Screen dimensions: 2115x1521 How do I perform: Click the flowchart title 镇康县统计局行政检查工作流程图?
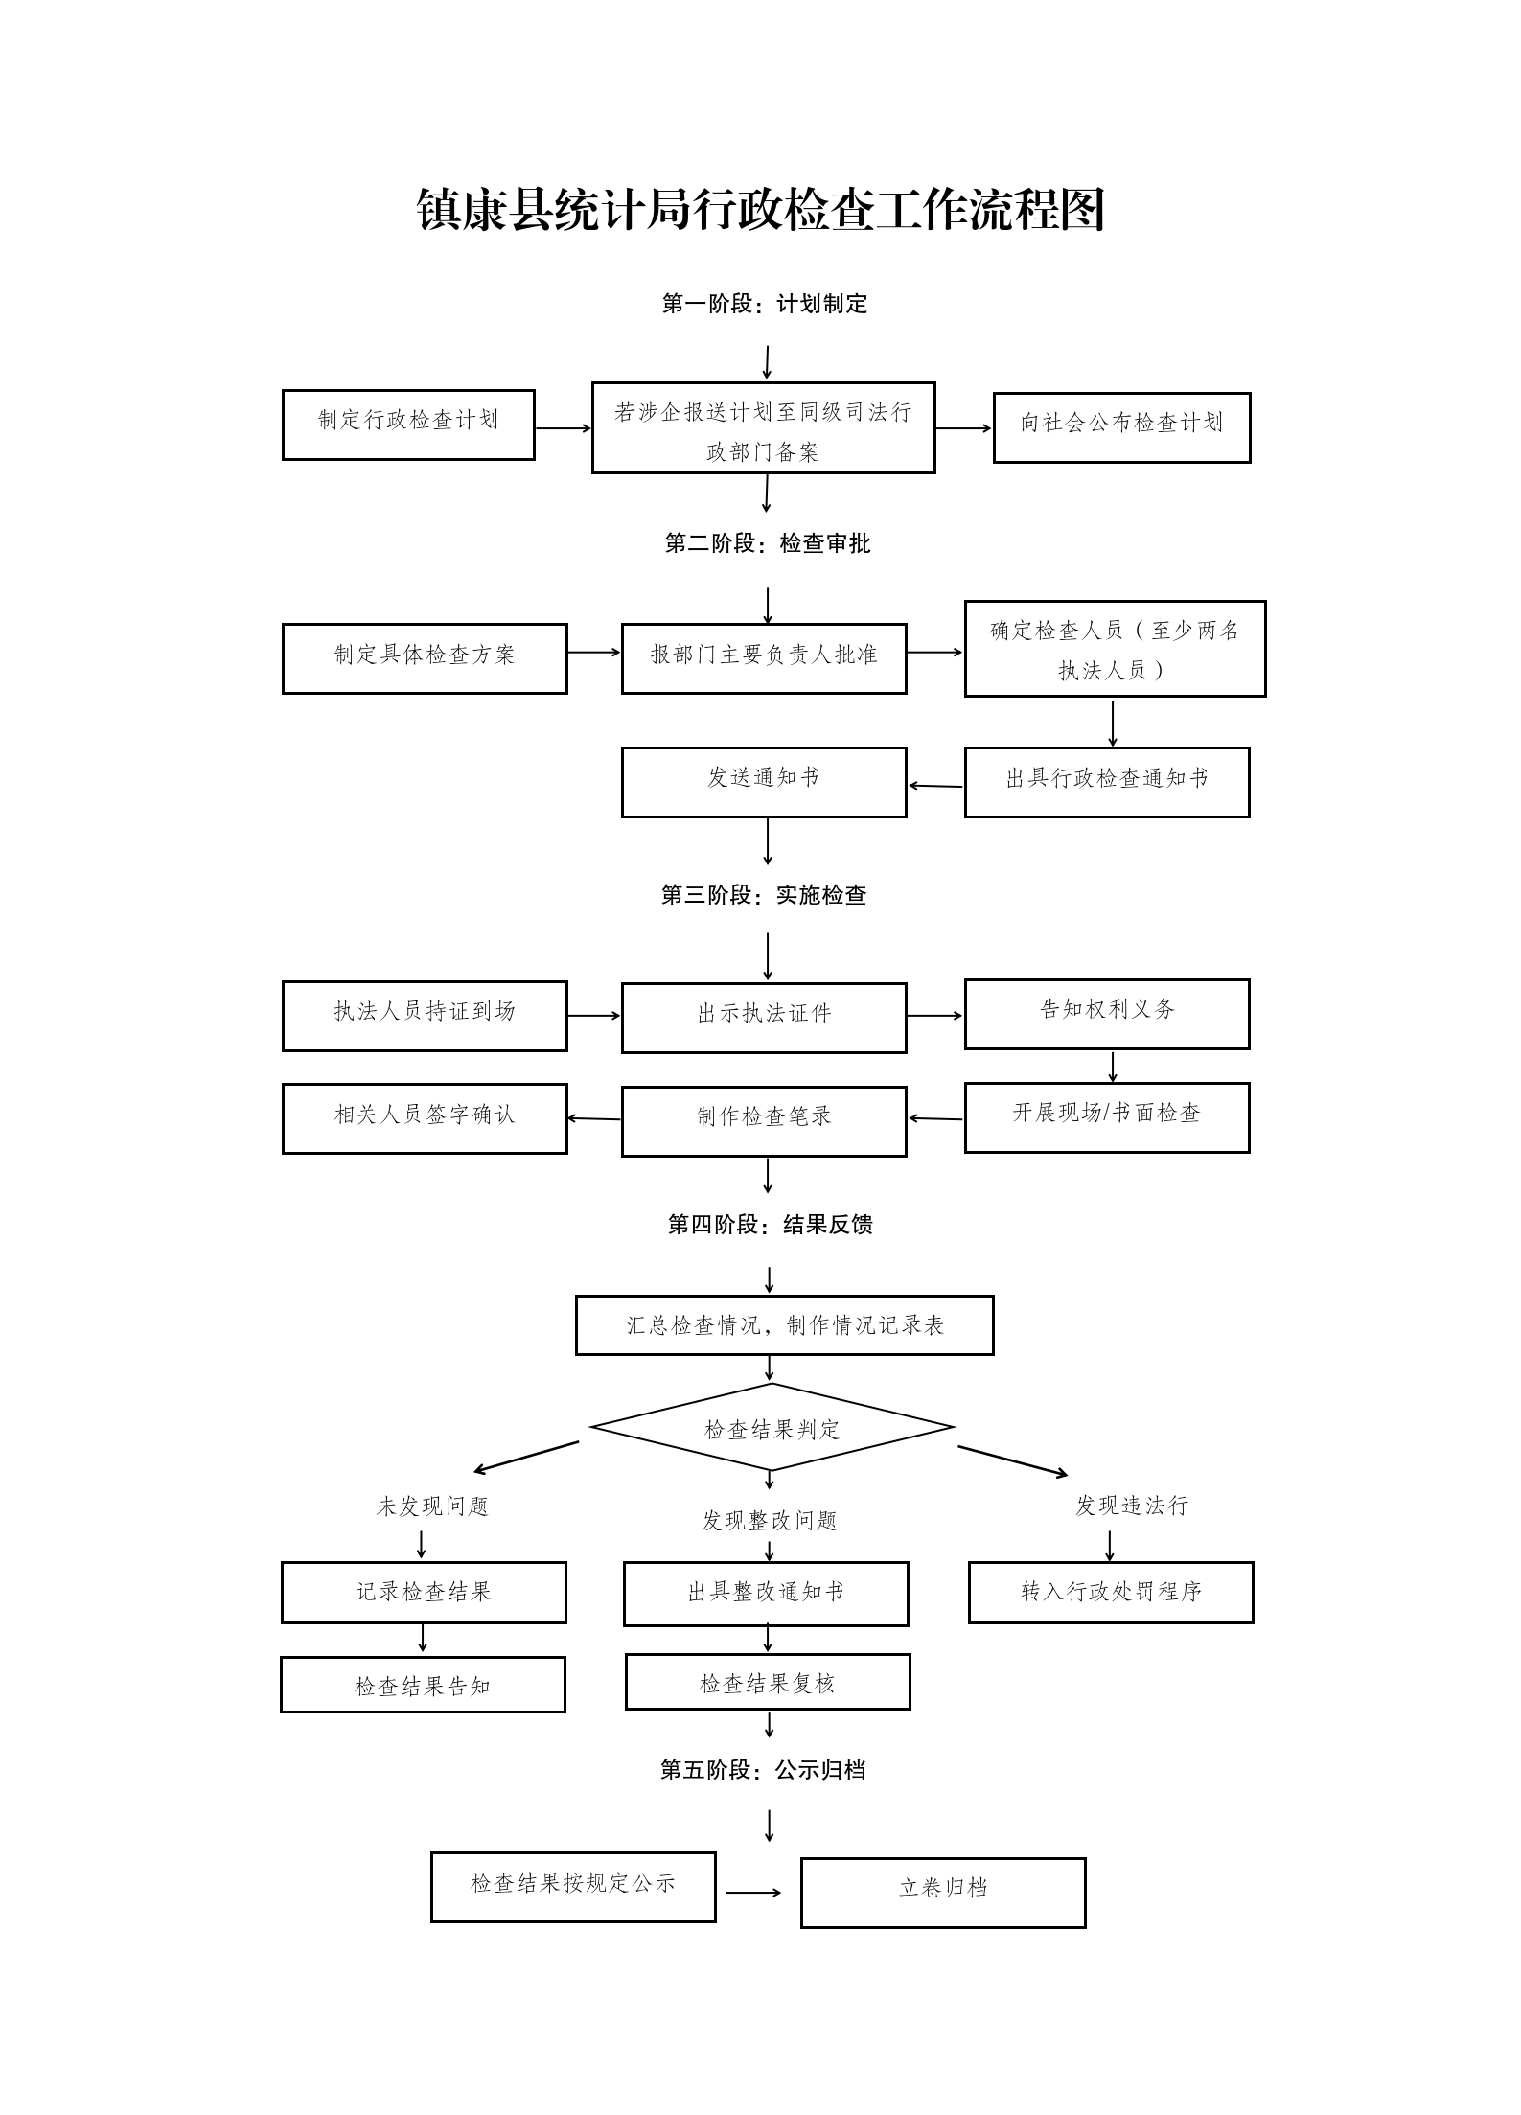[761, 210]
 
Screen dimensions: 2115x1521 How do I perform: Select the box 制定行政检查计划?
[408, 425]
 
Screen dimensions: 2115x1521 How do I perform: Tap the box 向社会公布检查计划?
[1121, 427]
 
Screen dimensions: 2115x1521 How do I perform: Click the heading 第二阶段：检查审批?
[768, 543]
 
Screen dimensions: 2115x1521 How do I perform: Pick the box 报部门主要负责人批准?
[764, 658]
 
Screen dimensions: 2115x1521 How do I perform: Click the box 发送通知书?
[764, 782]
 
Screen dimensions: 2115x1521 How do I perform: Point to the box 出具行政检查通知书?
[1107, 782]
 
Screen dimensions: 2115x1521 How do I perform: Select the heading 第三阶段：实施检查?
[764, 894]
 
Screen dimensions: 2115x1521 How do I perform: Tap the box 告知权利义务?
[1107, 1014]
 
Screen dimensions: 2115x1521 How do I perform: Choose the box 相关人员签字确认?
[425, 1118]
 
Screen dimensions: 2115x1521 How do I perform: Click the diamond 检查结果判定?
[772, 1429]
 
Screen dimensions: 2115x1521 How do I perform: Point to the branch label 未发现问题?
[432, 1506]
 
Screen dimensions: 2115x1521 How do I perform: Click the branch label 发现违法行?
[1131, 1506]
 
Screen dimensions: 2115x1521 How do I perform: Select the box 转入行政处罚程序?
[1111, 1592]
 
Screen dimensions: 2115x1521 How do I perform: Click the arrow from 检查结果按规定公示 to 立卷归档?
[754, 1892]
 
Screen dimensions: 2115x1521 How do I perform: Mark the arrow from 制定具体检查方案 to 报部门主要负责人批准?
[594, 653]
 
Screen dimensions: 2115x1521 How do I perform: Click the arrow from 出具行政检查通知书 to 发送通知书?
[935, 786]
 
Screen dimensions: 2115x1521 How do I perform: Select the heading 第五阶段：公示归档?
[763, 1769]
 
